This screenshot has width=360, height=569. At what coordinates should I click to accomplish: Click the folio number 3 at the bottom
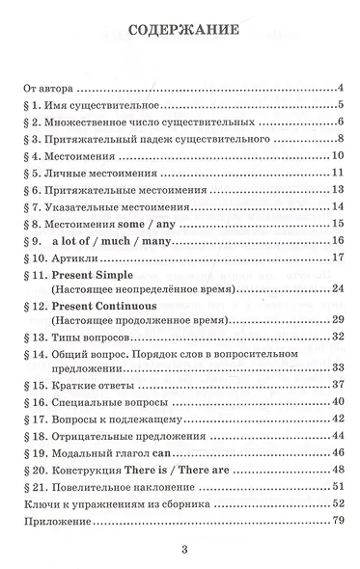(180, 552)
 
